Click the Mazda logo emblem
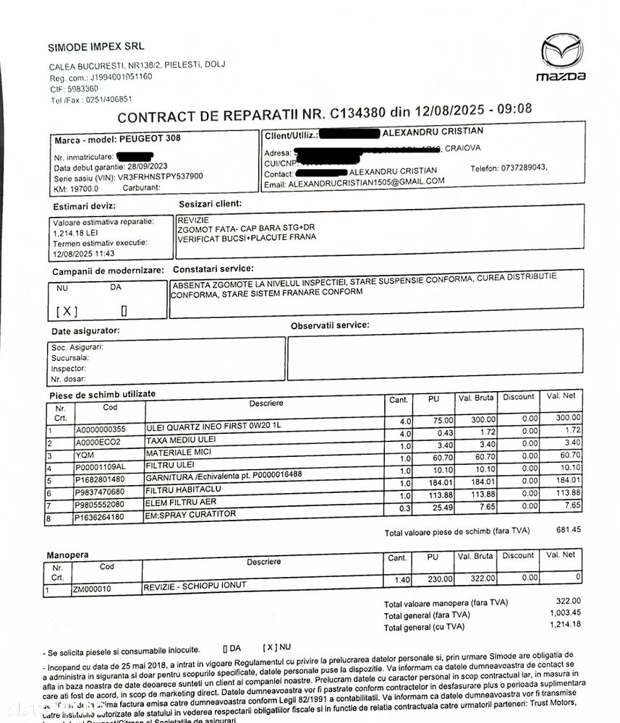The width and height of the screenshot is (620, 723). [561, 53]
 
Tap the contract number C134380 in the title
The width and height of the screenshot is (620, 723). [357, 113]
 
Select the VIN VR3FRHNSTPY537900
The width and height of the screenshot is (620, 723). [141, 176]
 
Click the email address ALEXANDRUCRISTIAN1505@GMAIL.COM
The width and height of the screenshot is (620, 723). [366, 182]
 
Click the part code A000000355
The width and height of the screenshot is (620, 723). [101, 429]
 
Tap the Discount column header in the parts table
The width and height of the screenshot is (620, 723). [518, 397]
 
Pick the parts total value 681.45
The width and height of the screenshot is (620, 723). [568, 529]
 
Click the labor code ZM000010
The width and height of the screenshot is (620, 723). [92, 589]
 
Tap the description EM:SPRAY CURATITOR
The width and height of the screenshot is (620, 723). [190, 515]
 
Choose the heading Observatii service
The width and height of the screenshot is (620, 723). [329, 325]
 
